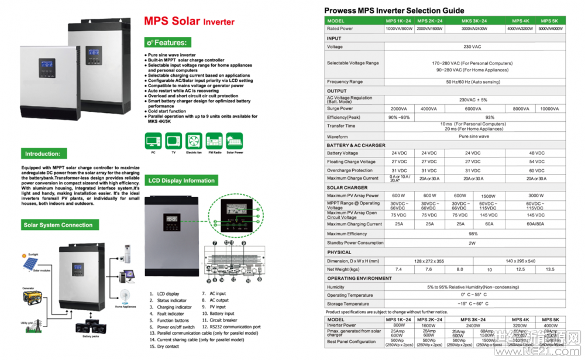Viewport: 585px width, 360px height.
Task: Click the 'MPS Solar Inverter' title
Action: [x=189, y=22]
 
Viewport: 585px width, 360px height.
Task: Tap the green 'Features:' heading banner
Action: [x=168, y=43]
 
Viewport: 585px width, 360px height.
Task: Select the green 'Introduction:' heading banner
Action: [x=42, y=154]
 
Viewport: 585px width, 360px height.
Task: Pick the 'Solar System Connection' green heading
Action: [x=58, y=225]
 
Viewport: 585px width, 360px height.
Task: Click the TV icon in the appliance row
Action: [x=173, y=140]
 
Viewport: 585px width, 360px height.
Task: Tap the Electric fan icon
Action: [x=193, y=140]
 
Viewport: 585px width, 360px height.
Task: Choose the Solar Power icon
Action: [x=234, y=140]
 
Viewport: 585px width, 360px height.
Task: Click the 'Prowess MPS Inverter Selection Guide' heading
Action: [x=394, y=11]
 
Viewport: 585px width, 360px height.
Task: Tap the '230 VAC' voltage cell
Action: [x=472, y=47]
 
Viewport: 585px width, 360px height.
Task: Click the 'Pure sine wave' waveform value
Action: [x=474, y=136]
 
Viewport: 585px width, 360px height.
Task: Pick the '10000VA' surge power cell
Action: [x=549, y=109]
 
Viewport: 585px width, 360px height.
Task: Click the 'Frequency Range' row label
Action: [x=345, y=82]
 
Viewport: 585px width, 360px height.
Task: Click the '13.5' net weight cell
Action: [x=550, y=269]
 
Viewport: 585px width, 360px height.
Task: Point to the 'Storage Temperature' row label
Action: [x=348, y=304]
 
